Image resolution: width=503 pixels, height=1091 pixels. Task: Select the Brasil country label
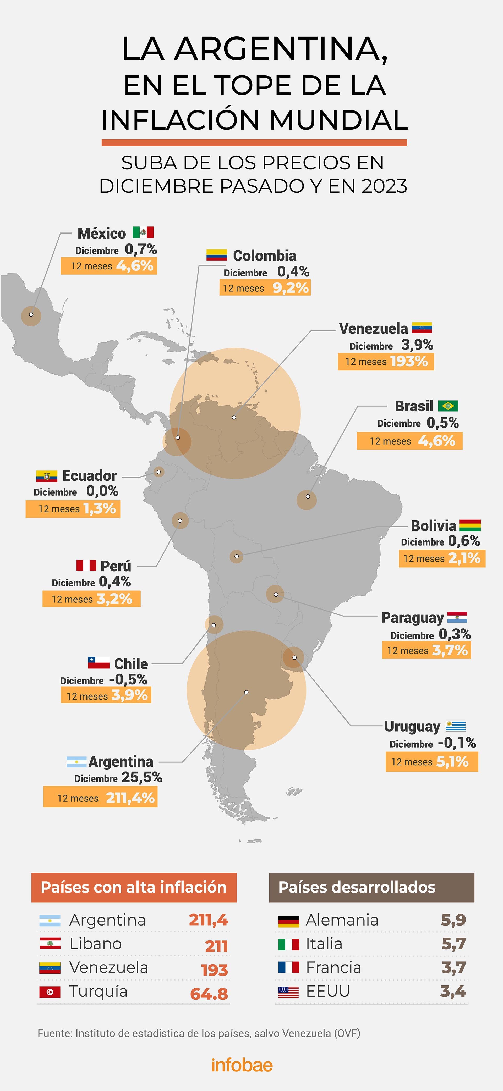414,406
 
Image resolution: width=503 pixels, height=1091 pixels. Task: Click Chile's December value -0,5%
128,679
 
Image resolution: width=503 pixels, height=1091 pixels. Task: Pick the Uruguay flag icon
456,726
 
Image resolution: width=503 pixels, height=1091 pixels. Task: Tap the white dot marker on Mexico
31,315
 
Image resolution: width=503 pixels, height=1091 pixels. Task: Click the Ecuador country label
89,476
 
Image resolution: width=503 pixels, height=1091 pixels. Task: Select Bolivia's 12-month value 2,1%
464,558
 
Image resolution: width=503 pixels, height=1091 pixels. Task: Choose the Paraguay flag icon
457,617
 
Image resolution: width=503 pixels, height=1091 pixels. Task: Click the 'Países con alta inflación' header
134,887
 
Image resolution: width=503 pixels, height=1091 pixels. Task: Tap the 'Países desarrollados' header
357,887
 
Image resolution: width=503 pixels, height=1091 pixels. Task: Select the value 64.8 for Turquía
209,994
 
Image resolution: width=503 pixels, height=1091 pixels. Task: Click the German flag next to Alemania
289,921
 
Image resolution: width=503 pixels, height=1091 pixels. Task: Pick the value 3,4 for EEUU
453,992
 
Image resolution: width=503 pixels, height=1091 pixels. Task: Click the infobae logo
242,1065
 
